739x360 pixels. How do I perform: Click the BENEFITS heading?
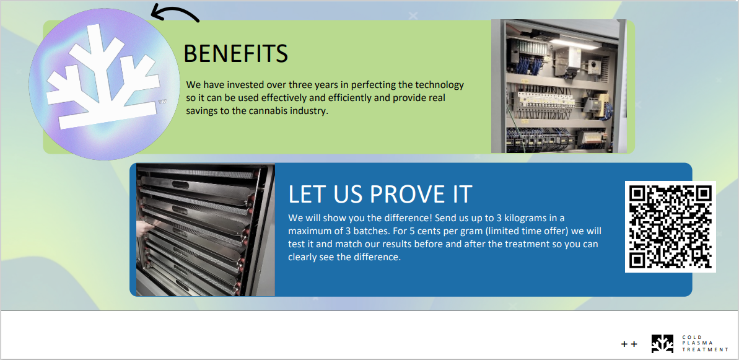(235, 53)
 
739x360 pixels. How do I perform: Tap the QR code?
(670, 227)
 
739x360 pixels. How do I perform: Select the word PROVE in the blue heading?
(401, 194)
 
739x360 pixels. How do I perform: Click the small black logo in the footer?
(663, 344)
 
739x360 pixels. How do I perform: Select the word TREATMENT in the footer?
(705, 349)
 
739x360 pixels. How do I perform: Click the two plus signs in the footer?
(629, 345)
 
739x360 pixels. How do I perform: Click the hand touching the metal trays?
(143, 228)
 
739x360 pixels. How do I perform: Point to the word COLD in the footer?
(689, 337)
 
